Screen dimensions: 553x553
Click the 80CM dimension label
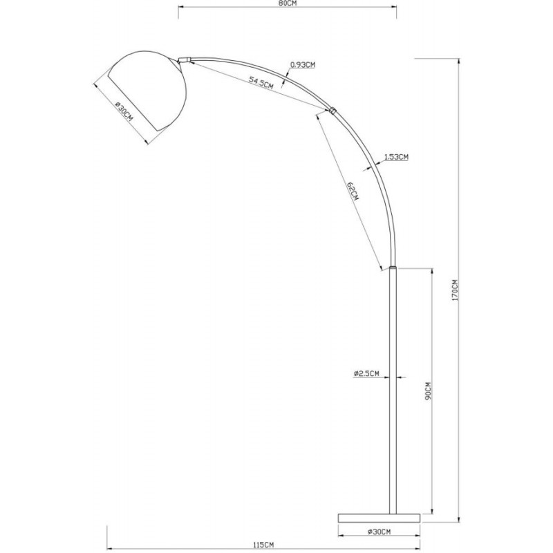tap(287, 4)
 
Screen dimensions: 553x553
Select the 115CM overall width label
tap(263, 545)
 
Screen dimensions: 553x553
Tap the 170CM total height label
tap(455, 290)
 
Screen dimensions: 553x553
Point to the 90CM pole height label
tap(428, 391)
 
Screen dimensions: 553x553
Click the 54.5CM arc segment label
tap(261, 82)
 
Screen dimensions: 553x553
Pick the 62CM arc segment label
tap(353, 191)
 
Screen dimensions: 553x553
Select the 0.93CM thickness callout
tap(303, 65)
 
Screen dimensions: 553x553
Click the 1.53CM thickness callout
tap(396, 157)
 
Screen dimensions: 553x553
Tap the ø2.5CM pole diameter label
tap(366, 373)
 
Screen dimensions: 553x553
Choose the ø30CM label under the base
tap(379, 532)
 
